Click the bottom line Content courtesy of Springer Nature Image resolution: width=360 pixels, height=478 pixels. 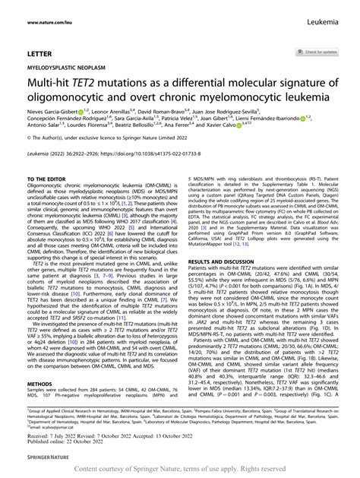tap(179, 470)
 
